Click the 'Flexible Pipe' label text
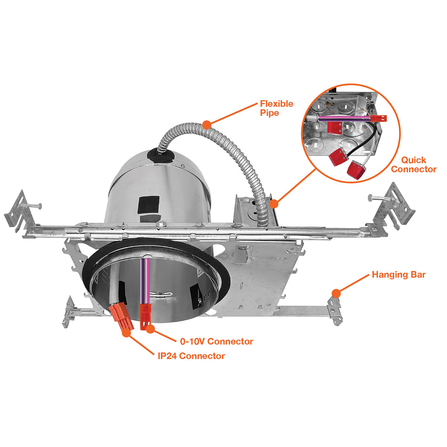pyautogui.click(x=276, y=108)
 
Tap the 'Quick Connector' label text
pyautogui.click(x=413, y=165)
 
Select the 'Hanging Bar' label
pyautogui.click(x=399, y=275)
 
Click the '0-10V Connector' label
pyautogui.click(x=216, y=341)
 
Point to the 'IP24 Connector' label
pyautogui.click(x=191, y=356)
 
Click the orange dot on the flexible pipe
pyautogui.click(x=206, y=124)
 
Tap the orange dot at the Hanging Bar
pyautogui.click(x=336, y=294)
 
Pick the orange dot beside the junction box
pyautogui.click(x=274, y=204)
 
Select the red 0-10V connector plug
pyautogui.click(x=145, y=316)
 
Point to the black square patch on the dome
pyautogui.click(x=149, y=205)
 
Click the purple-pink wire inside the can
pyautogui.click(x=145, y=281)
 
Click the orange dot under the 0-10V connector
pyautogui.click(x=150, y=329)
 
